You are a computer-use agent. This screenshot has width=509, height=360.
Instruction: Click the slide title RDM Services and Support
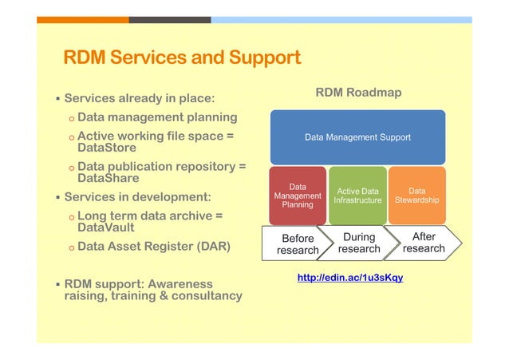(182, 58)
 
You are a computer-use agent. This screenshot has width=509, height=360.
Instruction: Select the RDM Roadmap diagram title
(358, 93)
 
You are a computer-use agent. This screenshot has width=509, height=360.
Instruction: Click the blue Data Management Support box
(357, 137)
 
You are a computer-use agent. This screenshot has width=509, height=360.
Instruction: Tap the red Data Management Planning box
(297, 195)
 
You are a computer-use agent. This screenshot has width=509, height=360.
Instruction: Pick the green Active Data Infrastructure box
(357, 196)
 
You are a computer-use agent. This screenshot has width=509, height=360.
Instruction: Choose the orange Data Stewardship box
(416, 196)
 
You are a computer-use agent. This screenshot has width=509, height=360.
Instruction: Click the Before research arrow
(297, 243)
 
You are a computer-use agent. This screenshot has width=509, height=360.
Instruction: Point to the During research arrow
(359, 243)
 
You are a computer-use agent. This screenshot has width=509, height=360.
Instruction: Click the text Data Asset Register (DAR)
(154, 247)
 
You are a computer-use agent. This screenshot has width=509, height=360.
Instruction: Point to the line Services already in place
(139, 99)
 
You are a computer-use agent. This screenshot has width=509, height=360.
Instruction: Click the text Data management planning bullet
(157, 117)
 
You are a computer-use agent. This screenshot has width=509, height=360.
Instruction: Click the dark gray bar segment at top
(170, 19)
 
